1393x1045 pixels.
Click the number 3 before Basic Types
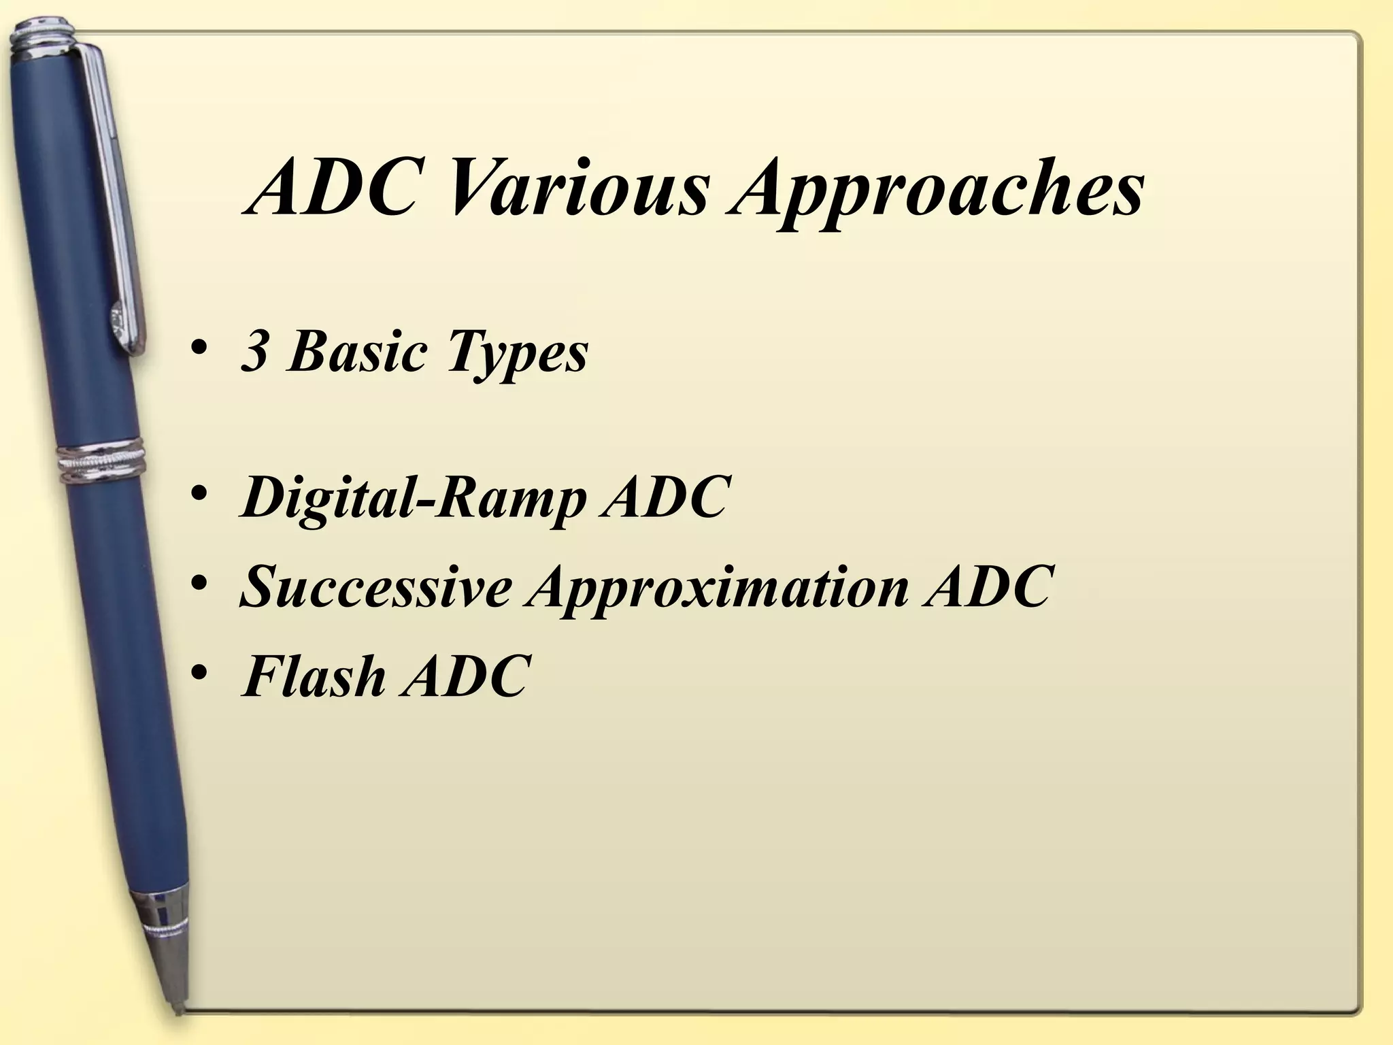tap(254, 352)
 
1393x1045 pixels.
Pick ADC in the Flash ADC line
tap(463, 676)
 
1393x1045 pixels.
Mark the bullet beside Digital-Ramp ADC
tap(199, 496)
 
